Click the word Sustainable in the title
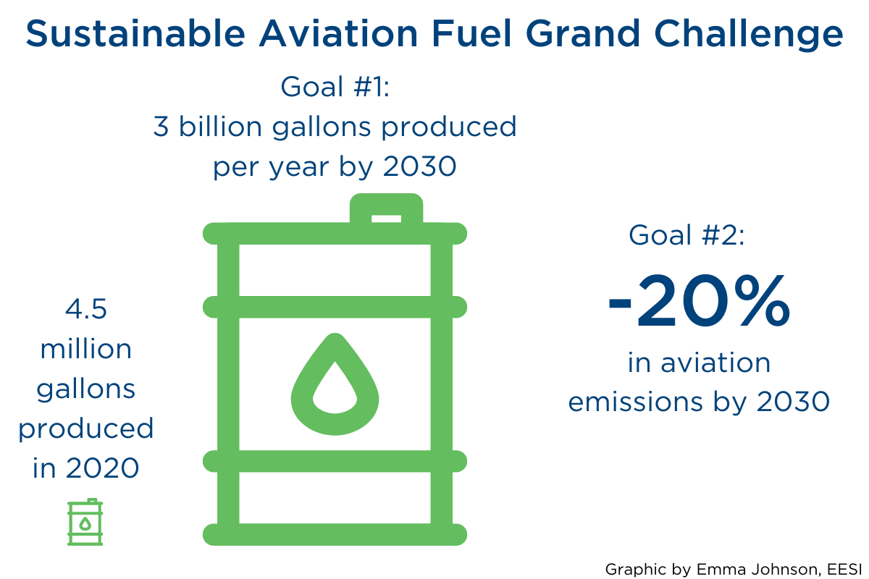pos(135,33)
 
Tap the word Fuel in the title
pos(471,33)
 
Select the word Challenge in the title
pos(748,35)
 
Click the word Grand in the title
pos(583,33)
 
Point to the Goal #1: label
pos(335,86)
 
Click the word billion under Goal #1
pos(220,126)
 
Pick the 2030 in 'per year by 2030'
pos(419,166)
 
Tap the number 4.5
pos(85,309)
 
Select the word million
pos(86,348)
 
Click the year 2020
pos(102,468)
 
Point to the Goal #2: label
pos(687,235)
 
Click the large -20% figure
pos(699,301)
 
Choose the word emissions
pos(636,402)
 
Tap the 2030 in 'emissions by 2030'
pos(793,402)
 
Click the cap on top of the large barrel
pos(386,208)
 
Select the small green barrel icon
pos(85,522)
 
